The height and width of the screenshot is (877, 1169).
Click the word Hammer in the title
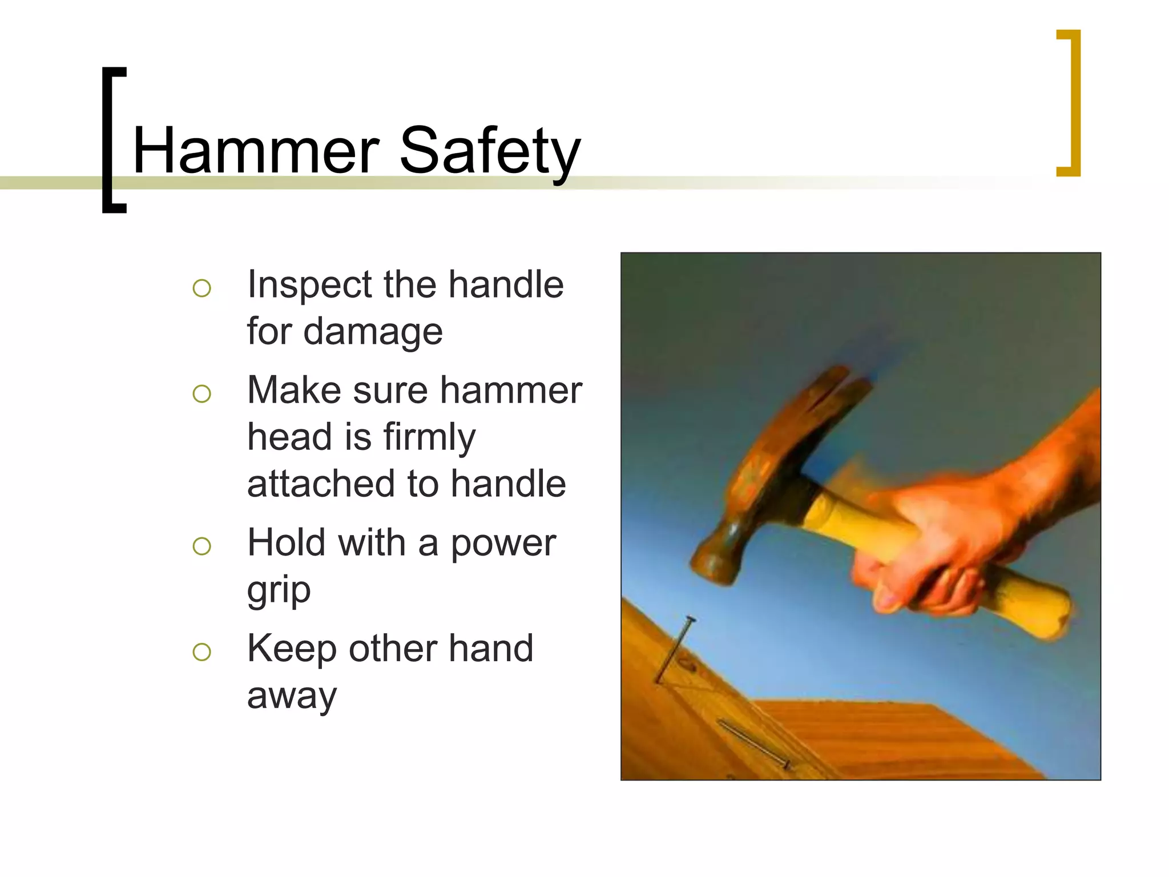(256, 151)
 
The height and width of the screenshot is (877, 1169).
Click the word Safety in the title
(490, 151)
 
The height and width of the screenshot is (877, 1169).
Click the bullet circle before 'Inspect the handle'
(202, 288)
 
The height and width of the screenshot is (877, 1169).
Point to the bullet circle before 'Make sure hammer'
(202, 393)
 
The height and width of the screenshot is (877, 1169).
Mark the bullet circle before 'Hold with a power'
(202, 546)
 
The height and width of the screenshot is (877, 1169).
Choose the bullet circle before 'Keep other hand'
(202, 651)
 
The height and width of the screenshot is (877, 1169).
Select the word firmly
(429, 437)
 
